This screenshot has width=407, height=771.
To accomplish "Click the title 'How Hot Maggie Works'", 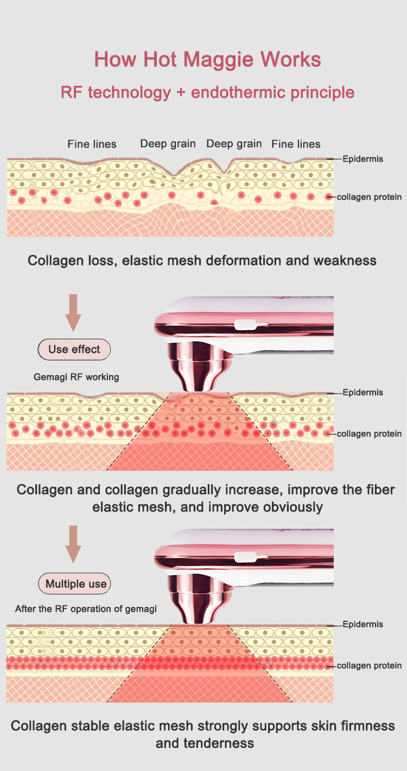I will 207,59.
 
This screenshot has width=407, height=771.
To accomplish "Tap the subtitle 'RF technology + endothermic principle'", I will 207,92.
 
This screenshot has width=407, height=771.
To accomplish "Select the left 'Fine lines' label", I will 92,144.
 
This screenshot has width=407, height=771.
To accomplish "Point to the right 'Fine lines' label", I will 296,144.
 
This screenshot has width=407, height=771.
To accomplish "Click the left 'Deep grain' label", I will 168,143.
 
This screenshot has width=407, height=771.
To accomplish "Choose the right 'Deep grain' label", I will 234,143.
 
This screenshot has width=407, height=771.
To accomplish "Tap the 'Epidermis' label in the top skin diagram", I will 363,159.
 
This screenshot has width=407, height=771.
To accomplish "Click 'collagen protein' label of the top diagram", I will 369,197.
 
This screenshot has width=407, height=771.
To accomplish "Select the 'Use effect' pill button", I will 74,349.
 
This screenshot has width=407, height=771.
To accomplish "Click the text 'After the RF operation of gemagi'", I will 86,609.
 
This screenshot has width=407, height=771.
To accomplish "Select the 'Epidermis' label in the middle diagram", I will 363,393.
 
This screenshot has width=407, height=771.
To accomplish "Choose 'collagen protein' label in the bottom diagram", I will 369,666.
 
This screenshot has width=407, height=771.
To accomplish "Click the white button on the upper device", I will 246,325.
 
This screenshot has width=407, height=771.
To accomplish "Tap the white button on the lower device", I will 246,557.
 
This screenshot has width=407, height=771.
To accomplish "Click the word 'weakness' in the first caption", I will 345,261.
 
